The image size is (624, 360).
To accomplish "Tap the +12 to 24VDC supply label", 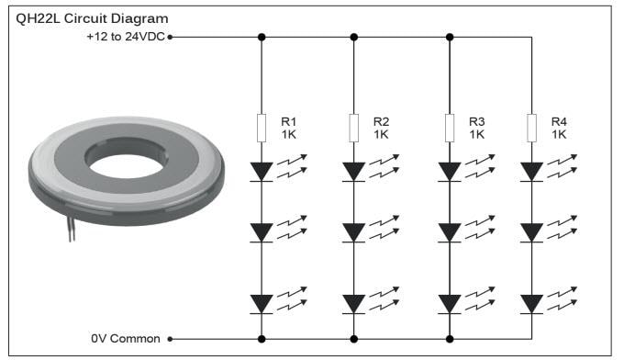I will (x=128, y=38).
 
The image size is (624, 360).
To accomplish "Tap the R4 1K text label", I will (x=559, y=127).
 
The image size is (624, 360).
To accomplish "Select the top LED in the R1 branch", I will (x=262, y=171).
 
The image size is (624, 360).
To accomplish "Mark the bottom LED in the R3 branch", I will (x=449, y=302).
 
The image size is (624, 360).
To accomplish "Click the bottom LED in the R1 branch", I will (x=262, y=302).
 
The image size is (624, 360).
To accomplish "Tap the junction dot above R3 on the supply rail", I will (x=449, y=38).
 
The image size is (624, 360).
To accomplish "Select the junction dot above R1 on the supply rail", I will (x=262, y=38).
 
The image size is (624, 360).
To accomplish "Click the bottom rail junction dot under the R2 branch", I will (x=354, y=338).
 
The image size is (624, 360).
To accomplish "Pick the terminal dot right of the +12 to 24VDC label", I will (x=171, y=38).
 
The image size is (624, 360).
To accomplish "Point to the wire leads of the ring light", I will (x=72, y=230).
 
